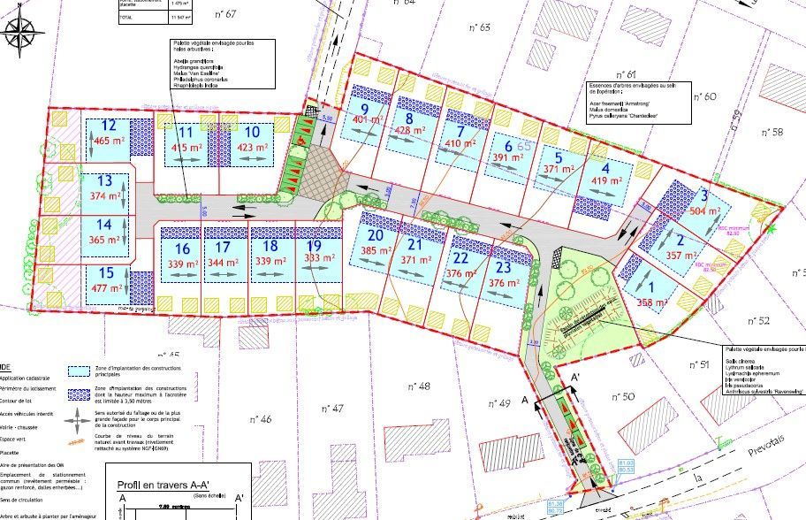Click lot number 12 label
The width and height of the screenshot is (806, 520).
click(x=110, y=126)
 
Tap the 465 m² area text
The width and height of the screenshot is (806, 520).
click(x=110, y=140)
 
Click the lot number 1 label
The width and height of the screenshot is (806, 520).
click(x=653, y=287)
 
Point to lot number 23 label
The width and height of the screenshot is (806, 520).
click(x=503, y=267)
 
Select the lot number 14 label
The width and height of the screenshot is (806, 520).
click(x=105, y=225)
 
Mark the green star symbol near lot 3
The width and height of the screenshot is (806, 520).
click(x=772, y=229)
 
